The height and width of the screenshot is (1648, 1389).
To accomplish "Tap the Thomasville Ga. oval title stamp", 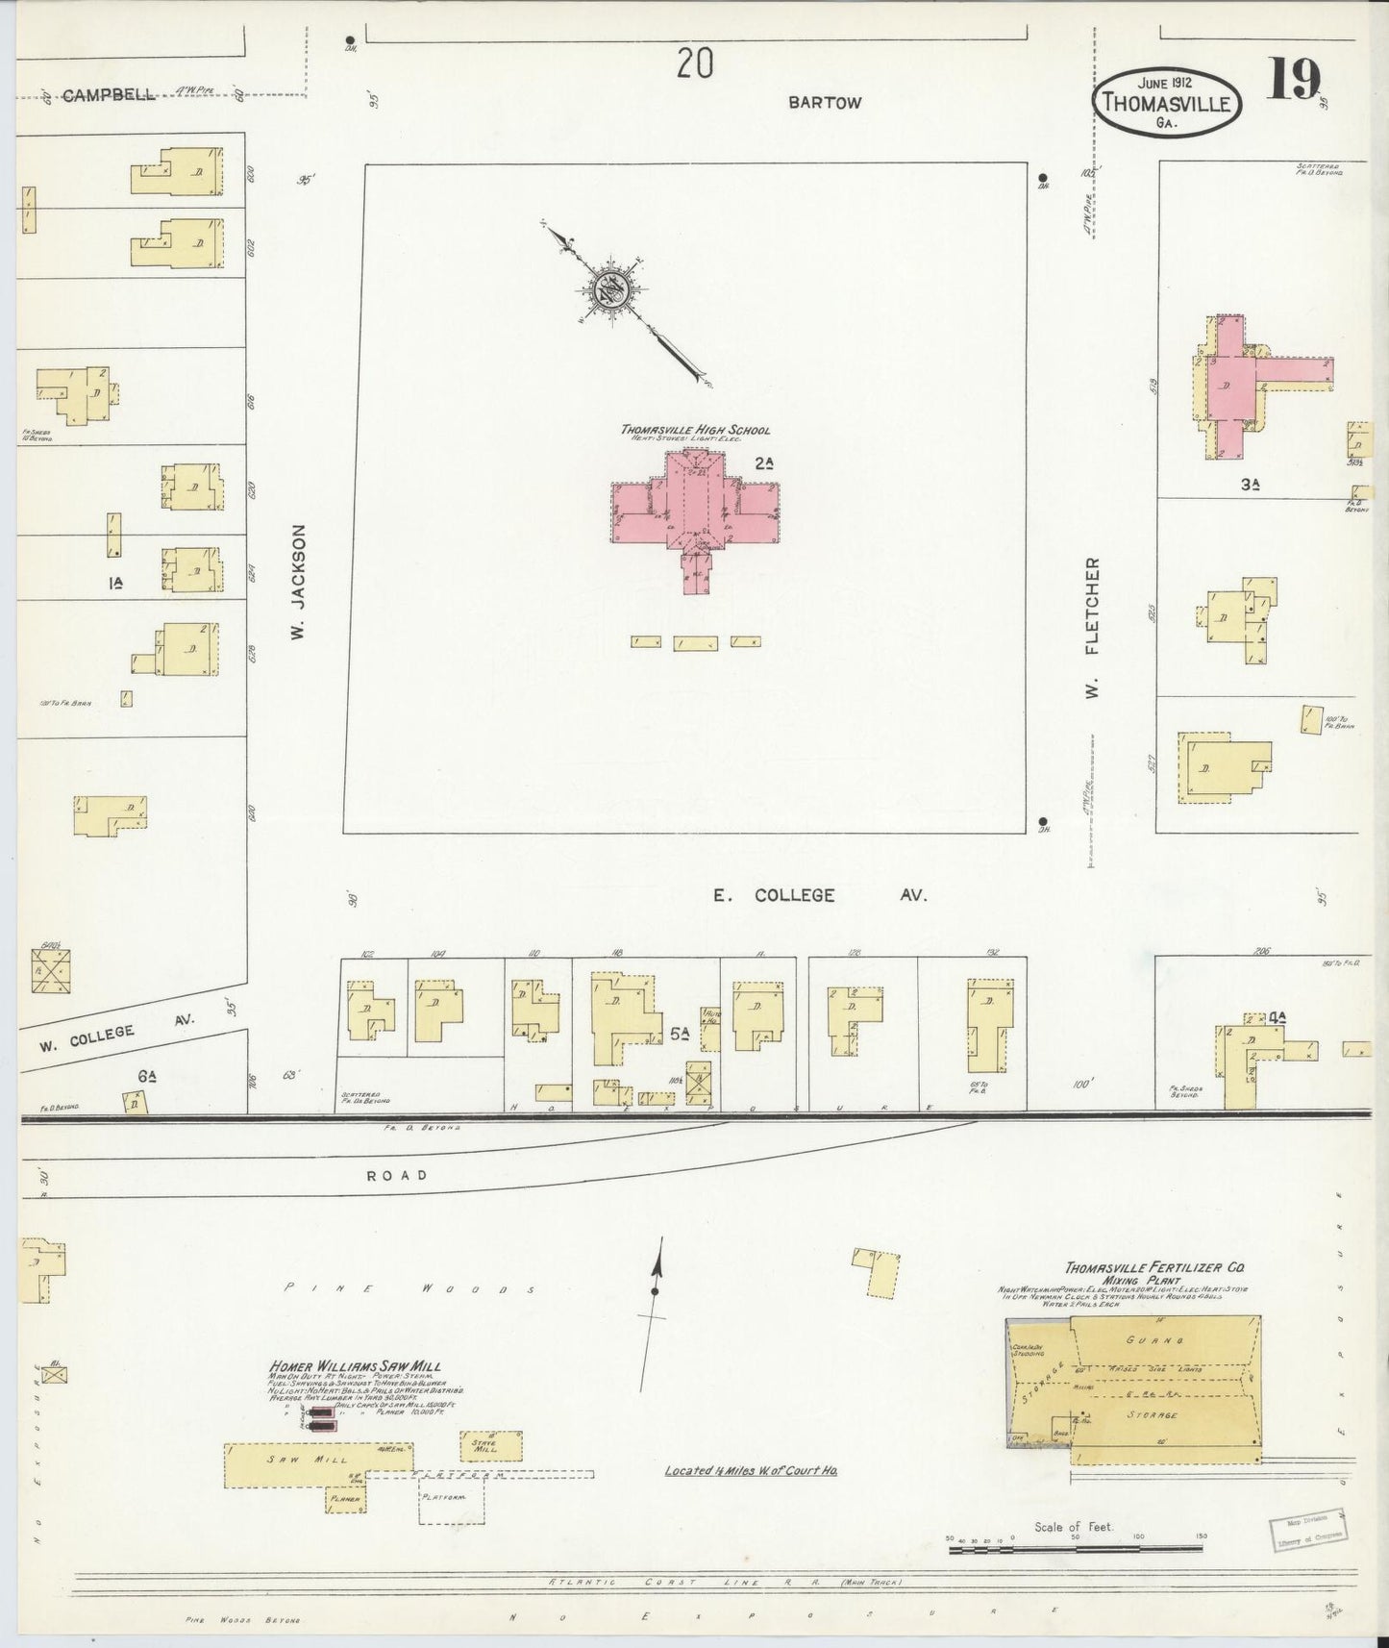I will click(1166, 102).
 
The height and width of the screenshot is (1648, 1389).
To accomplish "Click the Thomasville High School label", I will click(695, 430).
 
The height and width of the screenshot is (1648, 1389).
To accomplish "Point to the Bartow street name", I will click(825, 102).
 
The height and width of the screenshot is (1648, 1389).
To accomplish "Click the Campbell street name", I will click(109, 95).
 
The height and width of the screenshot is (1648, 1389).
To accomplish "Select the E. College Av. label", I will click(820, 895).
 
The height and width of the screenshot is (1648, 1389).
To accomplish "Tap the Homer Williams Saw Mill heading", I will click(356, 1367).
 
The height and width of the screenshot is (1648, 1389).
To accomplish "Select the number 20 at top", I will click(694, 65).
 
